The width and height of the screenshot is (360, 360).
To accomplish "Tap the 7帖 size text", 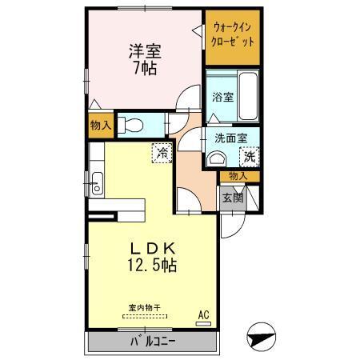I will tap(145, 69).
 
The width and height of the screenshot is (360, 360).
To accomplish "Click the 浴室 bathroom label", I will tap(222, 97).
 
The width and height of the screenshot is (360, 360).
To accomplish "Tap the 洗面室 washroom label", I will tap(230, 138).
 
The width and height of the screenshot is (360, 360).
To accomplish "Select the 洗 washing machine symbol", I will tap(250, 157).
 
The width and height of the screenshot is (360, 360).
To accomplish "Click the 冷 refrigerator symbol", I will tap(162, 151).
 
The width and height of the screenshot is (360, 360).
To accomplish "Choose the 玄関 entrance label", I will tap(232, 197).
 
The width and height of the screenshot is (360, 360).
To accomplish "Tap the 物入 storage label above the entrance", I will tap(238, 175).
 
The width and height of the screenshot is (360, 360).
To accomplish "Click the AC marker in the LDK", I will tap(202, 315).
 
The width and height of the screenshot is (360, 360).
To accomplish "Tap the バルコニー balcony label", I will tap(153, 342).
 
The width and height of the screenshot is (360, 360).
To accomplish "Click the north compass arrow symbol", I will tap(262, 336).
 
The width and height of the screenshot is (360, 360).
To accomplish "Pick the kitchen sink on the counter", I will tap(96, 182).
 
